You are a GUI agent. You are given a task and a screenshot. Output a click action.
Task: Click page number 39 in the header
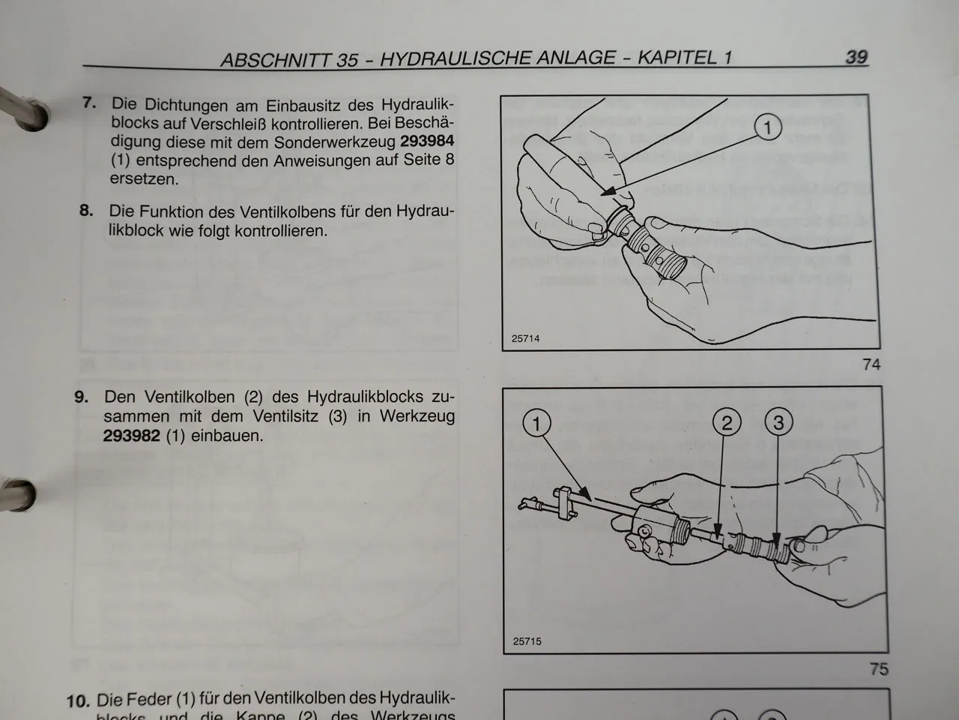point(856,56)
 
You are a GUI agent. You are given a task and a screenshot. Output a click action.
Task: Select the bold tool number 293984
point(427,141)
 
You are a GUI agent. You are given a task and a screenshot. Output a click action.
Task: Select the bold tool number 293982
point(131,436)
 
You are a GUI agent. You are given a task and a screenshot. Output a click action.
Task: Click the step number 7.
point(89,103)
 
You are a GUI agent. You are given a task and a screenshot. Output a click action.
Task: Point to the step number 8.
point(86,210)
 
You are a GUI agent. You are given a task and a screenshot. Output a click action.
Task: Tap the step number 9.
point(81,396)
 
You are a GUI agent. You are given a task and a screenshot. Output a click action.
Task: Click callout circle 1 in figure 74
point(767,128)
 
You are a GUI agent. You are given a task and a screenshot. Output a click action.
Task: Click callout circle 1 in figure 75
point(536,424)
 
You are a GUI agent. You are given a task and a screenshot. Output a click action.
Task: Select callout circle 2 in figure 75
point(727,423)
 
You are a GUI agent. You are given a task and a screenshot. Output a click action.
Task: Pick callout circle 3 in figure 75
point(778,423)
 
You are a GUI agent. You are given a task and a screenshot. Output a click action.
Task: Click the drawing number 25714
point(525,338)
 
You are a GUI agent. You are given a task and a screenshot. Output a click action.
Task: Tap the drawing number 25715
point(527,641)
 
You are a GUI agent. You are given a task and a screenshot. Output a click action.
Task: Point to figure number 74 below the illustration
point(871,364)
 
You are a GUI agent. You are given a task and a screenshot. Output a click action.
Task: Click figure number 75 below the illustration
point(878,668)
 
